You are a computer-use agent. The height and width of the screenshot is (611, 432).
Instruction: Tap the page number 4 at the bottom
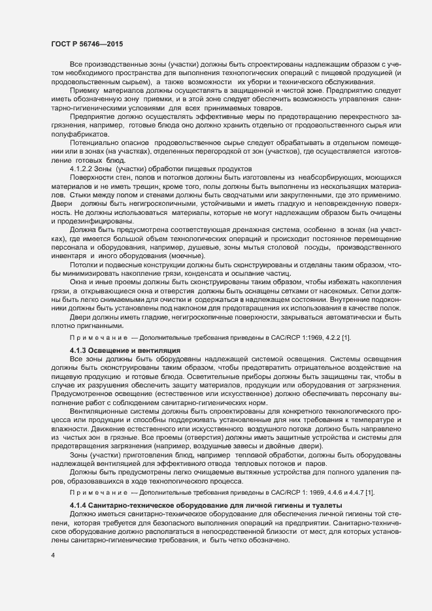click(x=52, y=555)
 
